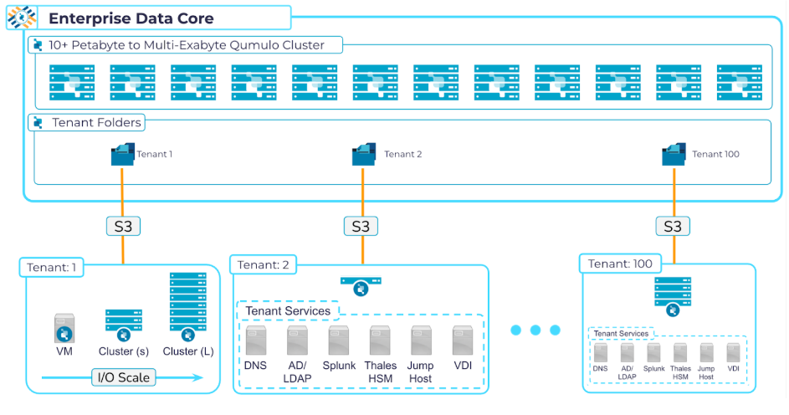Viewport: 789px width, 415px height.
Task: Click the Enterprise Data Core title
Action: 131,18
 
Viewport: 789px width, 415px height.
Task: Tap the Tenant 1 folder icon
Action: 122,155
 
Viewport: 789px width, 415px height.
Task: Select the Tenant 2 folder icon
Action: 365,155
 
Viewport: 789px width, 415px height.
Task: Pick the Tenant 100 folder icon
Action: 674,155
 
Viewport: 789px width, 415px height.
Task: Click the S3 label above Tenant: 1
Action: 122,226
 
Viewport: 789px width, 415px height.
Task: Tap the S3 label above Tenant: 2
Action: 361,226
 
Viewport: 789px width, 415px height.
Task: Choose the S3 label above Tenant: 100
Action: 673,226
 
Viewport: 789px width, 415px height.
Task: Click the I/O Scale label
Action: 122,377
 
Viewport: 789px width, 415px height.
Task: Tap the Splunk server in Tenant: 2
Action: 339,341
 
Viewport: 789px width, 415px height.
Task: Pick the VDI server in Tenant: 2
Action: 464,341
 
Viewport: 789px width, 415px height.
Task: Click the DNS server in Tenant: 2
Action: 256,341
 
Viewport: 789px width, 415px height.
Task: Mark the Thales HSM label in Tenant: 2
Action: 380,371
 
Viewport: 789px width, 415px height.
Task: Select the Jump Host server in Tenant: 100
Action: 706,352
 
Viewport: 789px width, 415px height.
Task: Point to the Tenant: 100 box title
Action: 620,264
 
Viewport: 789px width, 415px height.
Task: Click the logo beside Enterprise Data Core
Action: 22,17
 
